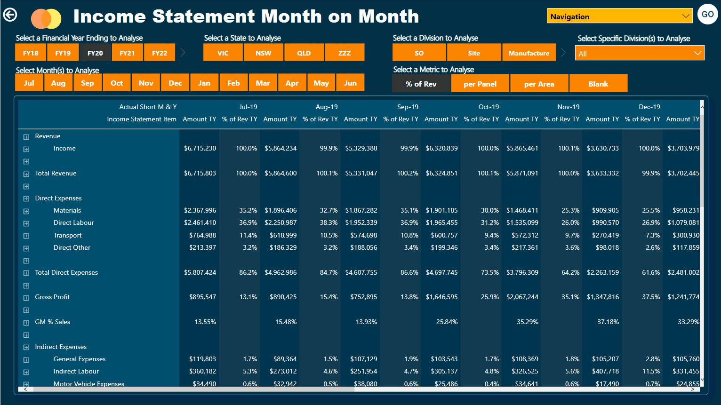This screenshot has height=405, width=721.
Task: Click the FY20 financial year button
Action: pos(95,53)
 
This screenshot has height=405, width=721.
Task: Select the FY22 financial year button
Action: pos(160,53)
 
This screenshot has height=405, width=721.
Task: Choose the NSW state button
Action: pos(264,53)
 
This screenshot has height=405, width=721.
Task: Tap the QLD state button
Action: pos(304,53)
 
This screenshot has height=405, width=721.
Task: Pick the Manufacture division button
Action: pos(529,53)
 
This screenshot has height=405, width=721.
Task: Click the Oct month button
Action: pos(117,83)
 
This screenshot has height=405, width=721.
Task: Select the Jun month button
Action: pos(350,83)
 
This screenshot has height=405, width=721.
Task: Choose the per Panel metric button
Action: pos(480,84)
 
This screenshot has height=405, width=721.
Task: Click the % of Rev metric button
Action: pos(421,84)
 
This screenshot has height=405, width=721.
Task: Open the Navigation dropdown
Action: pos(619,16)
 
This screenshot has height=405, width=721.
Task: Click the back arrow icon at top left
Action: pos(10,15)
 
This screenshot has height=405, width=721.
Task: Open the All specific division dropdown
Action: pos(639,53)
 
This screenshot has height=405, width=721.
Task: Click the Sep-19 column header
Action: pos(408,107)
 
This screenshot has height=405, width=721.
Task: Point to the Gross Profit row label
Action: pos(52,297)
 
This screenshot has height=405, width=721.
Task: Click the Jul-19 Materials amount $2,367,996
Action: pos(200,210)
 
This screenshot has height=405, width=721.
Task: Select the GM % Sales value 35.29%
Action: pos(527,322)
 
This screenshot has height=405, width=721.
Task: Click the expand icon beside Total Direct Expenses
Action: pos(26,273)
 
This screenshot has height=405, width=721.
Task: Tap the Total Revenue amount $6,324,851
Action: pos(441,173)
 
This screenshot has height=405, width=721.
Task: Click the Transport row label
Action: pos(67,235)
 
